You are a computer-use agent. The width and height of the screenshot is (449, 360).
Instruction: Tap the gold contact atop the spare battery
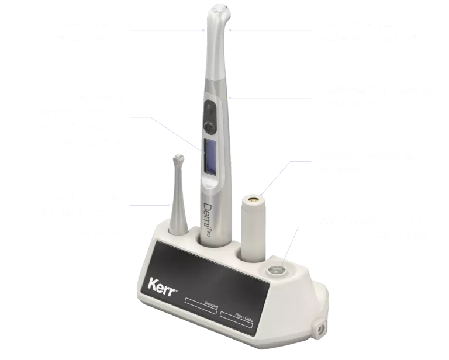[x=253, y=199]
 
